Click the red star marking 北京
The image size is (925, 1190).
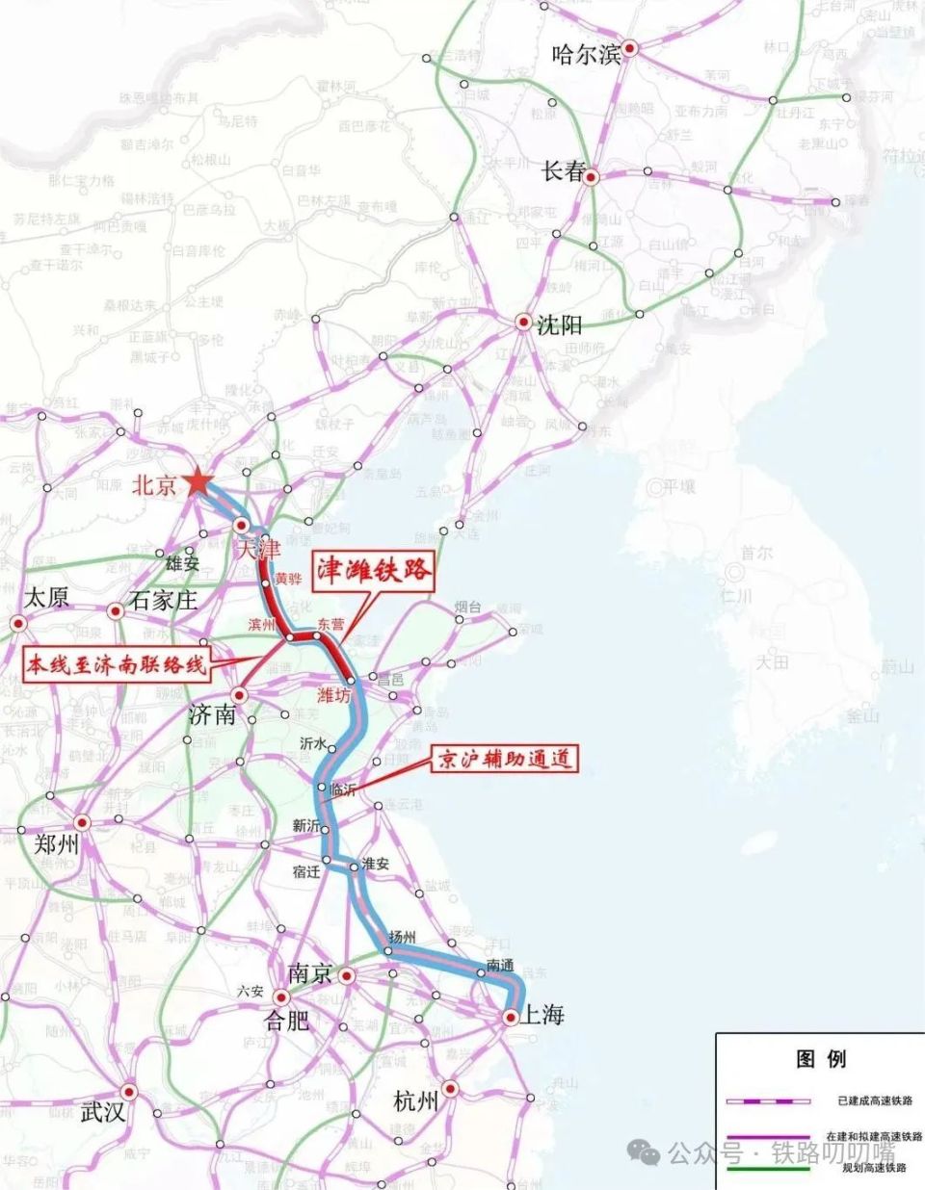(198, 481)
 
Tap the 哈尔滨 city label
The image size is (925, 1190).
(586, 54)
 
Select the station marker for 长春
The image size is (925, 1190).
(592, 177)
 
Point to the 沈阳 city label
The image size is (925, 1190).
(560, 324)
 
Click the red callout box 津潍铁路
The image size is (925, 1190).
(373, 570)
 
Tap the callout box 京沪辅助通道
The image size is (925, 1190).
(505, 759)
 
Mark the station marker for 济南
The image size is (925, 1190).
(239, 694)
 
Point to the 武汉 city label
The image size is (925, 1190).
(103, 1112)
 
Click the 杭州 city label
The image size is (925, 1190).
(416, 1100)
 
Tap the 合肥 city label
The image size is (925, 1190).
(287, 1020)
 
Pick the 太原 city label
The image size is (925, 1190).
(45, 597)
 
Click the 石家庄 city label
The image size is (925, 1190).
(164, 601)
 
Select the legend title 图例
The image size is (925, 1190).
(821, 1059)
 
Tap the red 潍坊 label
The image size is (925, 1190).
(333, 695)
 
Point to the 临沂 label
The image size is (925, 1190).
(342, 789)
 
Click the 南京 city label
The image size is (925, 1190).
(309, 973)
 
